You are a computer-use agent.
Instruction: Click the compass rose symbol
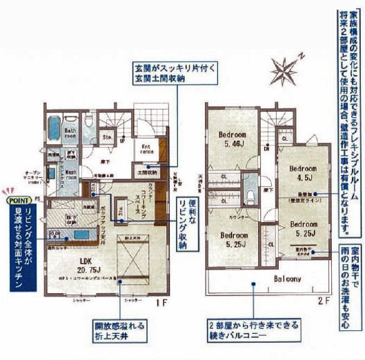point(285,71)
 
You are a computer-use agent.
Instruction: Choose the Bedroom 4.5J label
point(302,172)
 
